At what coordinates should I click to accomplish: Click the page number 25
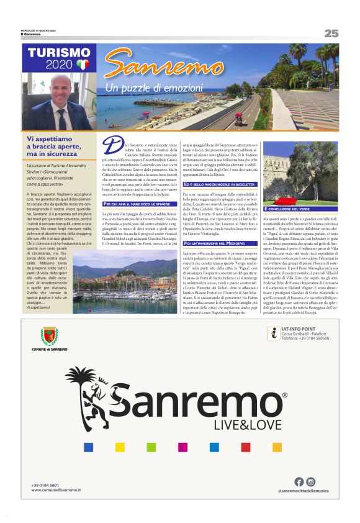(331, 33)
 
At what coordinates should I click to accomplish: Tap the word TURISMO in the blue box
(59, 53)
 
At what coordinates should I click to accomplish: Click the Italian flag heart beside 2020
(83, 65)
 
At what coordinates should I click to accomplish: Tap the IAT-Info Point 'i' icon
(272, 333)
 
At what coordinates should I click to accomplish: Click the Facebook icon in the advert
(299, 481)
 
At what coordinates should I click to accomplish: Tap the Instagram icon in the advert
(311, 481)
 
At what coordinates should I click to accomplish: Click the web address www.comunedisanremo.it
(56, 491)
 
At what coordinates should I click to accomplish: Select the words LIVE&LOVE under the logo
(240, 425)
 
